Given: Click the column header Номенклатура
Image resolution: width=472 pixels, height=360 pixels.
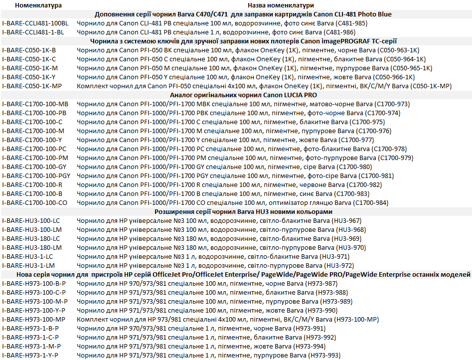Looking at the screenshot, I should click(38, 5).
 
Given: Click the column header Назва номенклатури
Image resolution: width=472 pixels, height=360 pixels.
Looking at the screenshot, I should click(272, 5).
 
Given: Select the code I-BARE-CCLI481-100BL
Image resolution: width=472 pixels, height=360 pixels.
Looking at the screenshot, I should click(35, 23).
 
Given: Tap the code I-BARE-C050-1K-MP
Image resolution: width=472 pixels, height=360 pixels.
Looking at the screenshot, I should click(32, 86).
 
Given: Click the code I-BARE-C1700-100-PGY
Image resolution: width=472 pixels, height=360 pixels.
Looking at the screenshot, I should click(36, 176).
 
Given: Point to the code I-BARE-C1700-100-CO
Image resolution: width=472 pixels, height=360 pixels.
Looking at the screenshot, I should click(34, 202).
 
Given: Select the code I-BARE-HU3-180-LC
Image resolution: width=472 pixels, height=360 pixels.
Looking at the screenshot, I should click(31, 238).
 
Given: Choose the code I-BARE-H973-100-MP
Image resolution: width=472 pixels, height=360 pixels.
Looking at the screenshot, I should click(33, 319).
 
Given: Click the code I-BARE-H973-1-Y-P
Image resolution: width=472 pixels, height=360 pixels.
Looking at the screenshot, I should click(30, 355).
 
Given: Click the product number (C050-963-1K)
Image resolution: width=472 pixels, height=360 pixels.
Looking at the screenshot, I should click(399, 50).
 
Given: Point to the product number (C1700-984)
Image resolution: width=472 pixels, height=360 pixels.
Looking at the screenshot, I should click(370, 202).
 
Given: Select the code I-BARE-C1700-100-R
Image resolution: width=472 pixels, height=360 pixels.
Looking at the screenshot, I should click(32, 184).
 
